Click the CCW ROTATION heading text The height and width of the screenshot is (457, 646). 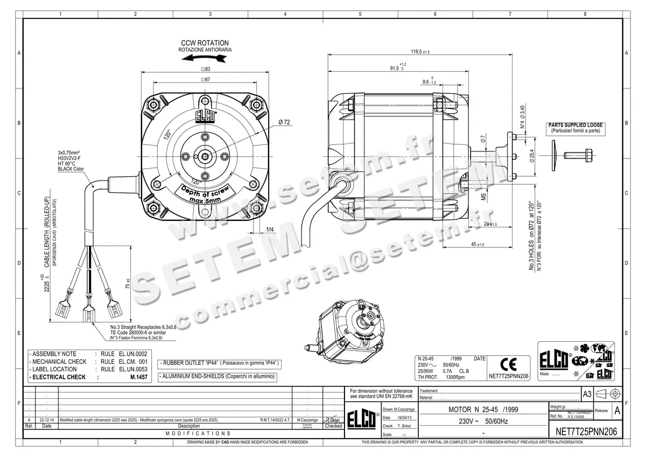click(x=205, y=43)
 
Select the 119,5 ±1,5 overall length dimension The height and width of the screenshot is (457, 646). click(x=420, y=52)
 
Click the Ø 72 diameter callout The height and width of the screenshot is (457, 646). click(x=285, y=123)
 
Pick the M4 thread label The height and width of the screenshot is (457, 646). click(x=271, y=230)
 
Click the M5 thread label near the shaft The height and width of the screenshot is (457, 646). click(x=483, y=196)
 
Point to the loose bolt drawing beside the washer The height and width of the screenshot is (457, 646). click(x=577, y=155)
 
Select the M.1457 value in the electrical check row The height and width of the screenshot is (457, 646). click(x=138, y=377)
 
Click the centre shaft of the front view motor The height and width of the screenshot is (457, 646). click(x=205, y=156)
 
